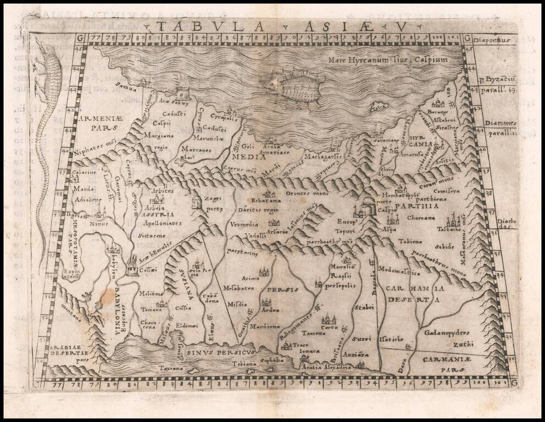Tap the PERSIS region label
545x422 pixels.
282,288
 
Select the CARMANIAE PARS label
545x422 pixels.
448,362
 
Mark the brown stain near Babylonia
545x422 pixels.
104,299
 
